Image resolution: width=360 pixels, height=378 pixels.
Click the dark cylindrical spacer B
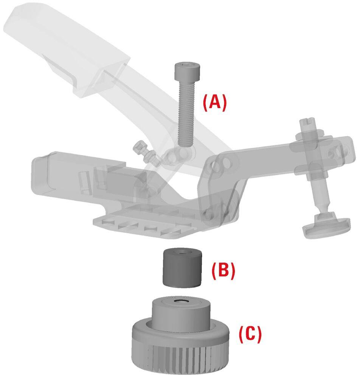tap(182, 268)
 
